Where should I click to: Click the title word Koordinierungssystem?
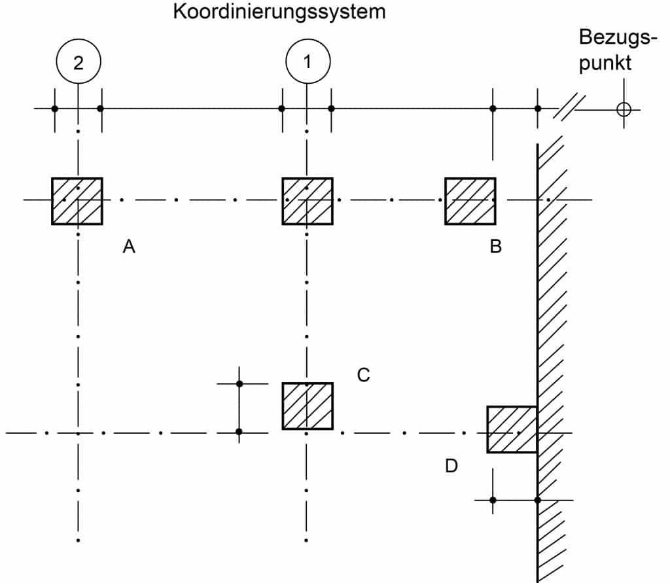[x=279, y=12]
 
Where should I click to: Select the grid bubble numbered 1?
[x=308, y=62]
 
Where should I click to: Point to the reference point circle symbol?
[x=624, y=109]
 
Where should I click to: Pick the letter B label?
[x=495, y=247]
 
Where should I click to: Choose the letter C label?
[x=364, y=375]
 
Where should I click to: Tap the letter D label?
[x=451, y=466]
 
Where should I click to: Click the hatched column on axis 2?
[x=77, y=201]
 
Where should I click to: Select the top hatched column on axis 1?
[x=308, y=201]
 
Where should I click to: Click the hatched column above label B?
[x=470, y=201]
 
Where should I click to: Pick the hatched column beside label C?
[x=308, y=406]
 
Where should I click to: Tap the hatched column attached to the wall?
[x=512, y=429]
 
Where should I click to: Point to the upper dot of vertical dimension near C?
[x=239, y=383]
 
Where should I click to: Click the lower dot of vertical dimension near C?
[x=239, y=432]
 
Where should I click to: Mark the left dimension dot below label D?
[x=493, y=500]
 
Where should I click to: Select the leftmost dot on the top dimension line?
[x=55, y=109]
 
